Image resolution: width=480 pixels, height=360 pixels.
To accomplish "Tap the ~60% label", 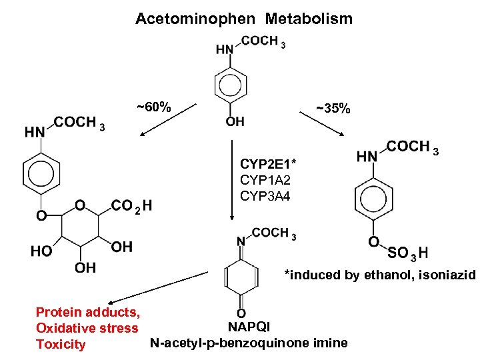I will click(x=154, y=107).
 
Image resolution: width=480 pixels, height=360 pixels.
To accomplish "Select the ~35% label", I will click(x=333, y=107).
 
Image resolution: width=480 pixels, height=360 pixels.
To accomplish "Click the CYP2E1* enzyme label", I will click(x=268, y=163).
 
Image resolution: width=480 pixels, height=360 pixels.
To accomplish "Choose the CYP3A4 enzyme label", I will click(x=265, y=196).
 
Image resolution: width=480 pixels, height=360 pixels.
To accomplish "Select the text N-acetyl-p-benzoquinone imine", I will click(x=249, y=343).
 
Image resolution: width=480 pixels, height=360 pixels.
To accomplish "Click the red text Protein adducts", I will click(x=87, y=312).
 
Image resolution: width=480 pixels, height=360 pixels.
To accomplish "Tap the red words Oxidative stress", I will click(x=87, y=328).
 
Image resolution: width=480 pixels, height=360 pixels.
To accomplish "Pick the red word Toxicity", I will click(x=61, y=345).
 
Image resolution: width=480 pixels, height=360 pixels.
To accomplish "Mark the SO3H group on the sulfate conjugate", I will click(x=407, y=253).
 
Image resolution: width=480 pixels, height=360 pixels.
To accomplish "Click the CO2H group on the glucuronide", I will click(x=131, y=205).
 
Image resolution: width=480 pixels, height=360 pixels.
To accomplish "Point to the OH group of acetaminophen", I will click(x=235, y=121).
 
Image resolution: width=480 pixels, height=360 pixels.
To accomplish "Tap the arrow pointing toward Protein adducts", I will click(x=160, y=288).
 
